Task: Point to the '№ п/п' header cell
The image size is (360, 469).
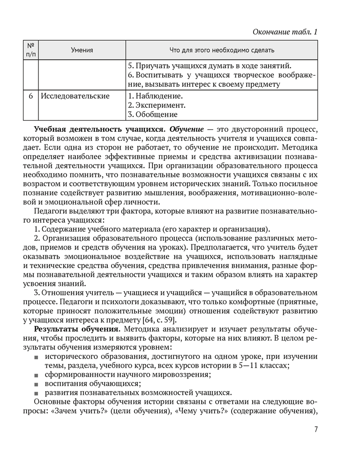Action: (30, 50)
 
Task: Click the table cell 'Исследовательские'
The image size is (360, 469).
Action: (75, 96)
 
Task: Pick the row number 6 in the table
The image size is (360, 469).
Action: (30, 96)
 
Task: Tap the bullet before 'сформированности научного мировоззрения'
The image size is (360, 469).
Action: (37, 375)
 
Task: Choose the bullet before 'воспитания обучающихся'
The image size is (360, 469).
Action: (37, 384)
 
